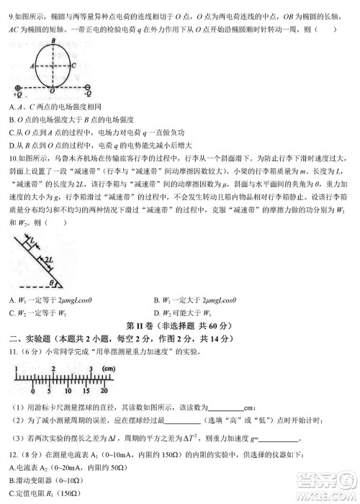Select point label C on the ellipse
coord(74,64)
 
